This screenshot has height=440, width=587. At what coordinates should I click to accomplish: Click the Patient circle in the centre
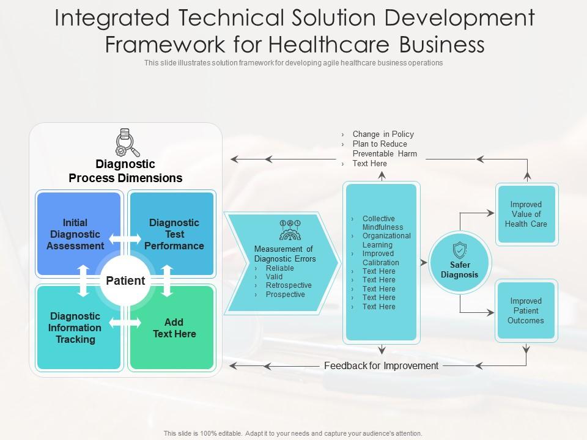point(125,281)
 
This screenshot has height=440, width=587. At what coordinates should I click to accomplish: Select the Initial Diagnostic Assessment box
point(75,234)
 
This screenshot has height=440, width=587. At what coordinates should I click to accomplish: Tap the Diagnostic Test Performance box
point(174,234)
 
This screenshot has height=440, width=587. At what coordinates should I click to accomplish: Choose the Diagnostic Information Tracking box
point(75,328)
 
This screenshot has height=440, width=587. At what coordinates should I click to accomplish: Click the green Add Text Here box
point(174,328)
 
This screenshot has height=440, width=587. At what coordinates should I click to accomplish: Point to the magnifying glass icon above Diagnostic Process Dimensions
point(127,142)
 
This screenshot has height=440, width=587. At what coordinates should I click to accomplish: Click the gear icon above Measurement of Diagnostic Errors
point(289,230)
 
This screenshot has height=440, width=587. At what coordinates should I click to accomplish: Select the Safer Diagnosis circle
point(460,264)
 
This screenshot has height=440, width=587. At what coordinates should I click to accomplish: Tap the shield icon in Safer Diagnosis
point(460,251)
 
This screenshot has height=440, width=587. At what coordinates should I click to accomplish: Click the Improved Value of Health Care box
point(526,215)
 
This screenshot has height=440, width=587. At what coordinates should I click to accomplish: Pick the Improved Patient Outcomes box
point(526,310)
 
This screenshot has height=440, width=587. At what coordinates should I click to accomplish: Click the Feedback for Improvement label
point(381,366)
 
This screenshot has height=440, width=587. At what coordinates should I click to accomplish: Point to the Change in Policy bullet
point(383,134)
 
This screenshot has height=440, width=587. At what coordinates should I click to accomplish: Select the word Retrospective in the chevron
point(289,285)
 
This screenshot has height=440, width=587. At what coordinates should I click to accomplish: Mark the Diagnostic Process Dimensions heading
point(125,171)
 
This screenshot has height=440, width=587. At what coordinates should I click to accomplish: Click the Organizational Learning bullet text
point(386,240)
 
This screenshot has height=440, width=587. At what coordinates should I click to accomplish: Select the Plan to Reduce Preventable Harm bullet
point(385,149)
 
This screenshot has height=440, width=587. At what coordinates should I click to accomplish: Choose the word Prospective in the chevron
point(285,295)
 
